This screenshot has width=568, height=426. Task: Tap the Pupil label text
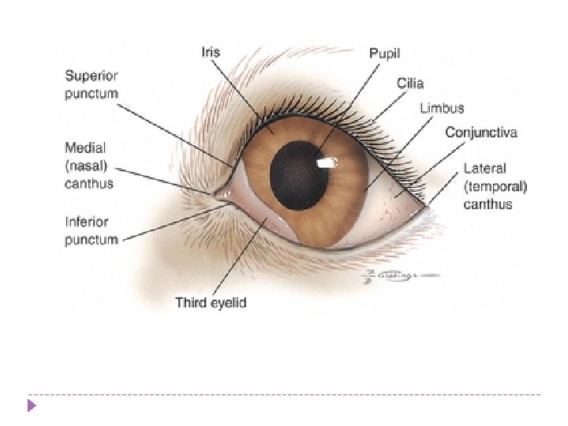384,54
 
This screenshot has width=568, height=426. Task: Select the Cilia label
409,82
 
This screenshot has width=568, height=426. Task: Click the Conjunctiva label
480,133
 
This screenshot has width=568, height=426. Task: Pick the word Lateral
484,168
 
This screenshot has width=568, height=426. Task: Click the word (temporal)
495,186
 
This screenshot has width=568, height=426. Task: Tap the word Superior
91,77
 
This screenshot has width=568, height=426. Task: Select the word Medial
85,148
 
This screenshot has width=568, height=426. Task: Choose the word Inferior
87,222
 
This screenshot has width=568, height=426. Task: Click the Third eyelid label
211,302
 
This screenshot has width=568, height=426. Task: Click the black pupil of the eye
299,174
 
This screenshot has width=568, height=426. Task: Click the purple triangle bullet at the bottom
31,406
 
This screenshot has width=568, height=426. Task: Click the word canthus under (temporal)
488,204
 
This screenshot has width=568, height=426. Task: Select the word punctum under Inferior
91,239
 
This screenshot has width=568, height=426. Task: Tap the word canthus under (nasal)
88,184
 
